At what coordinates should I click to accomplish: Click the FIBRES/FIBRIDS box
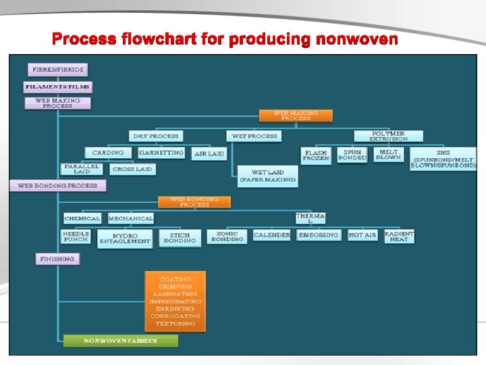click(58, 70)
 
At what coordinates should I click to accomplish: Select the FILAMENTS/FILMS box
click(58, 87)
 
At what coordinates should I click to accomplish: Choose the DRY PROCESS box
click(156, 136)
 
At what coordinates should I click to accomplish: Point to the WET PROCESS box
click(254, 136)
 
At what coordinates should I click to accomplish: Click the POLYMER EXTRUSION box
click(388, 136)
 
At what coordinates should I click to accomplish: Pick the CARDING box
click(108, 153)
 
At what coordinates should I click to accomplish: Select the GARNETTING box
click(161, 153)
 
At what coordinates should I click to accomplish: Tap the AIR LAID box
click(209, 154)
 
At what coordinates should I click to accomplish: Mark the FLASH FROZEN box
click(316, 155)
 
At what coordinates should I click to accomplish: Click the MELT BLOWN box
click(388, 155)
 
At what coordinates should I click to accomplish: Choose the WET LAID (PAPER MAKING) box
click(268, 176)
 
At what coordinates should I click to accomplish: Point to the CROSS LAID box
click(132, 169)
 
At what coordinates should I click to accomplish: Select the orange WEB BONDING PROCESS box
click(194, 202)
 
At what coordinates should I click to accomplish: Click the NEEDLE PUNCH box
click(76, 237)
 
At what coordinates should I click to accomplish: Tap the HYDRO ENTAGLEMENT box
click(125, 238)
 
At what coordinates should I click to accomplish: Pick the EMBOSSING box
click(319, 235)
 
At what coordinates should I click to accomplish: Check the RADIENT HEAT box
click(399, 236)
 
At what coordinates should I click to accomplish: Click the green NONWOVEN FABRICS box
click(120, 341)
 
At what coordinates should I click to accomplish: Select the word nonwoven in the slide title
click(354, 39)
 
